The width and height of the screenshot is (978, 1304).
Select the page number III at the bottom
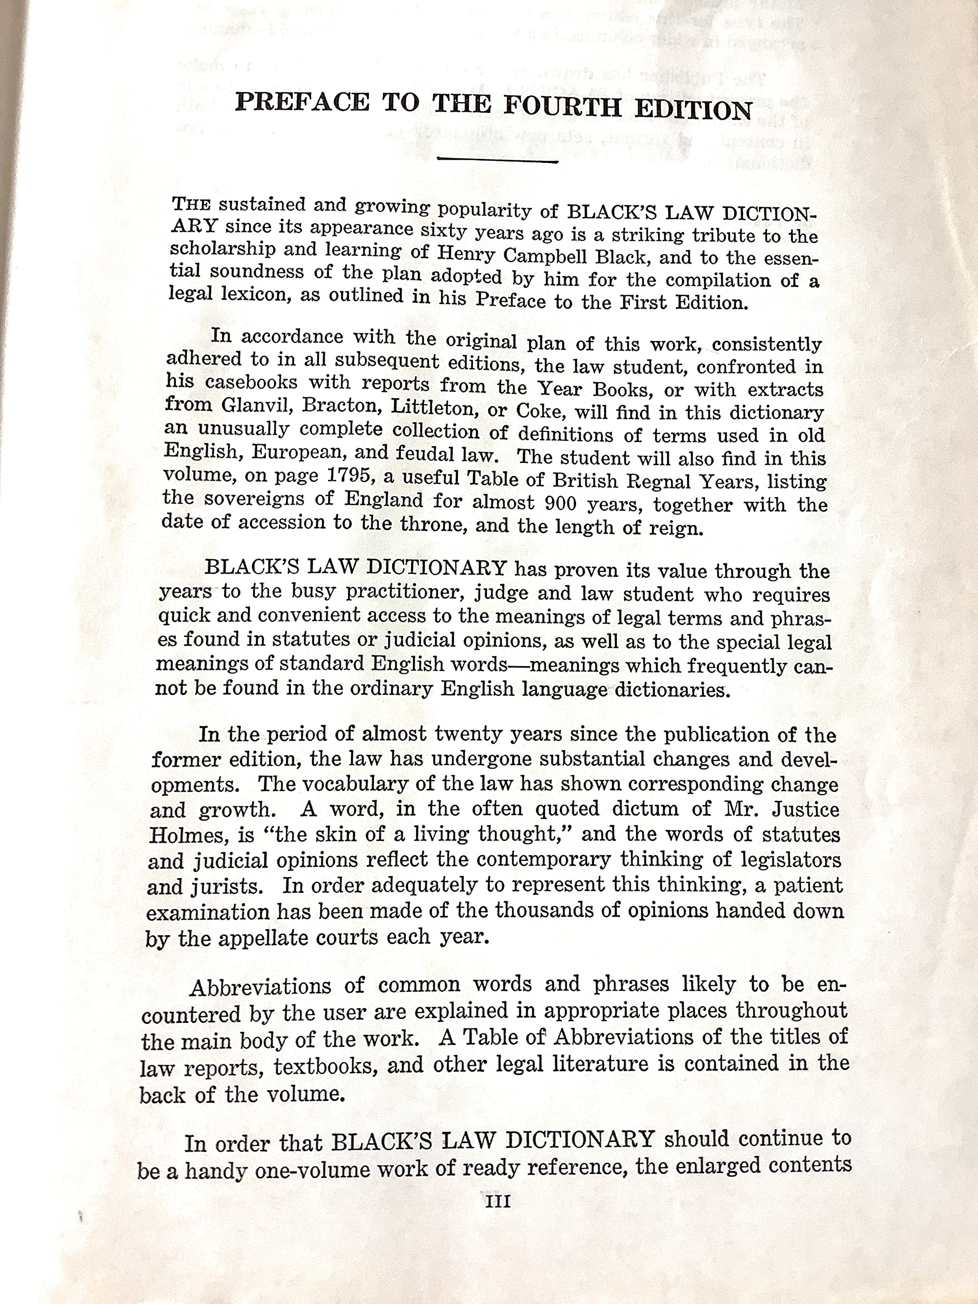[x=497, y=1202]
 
